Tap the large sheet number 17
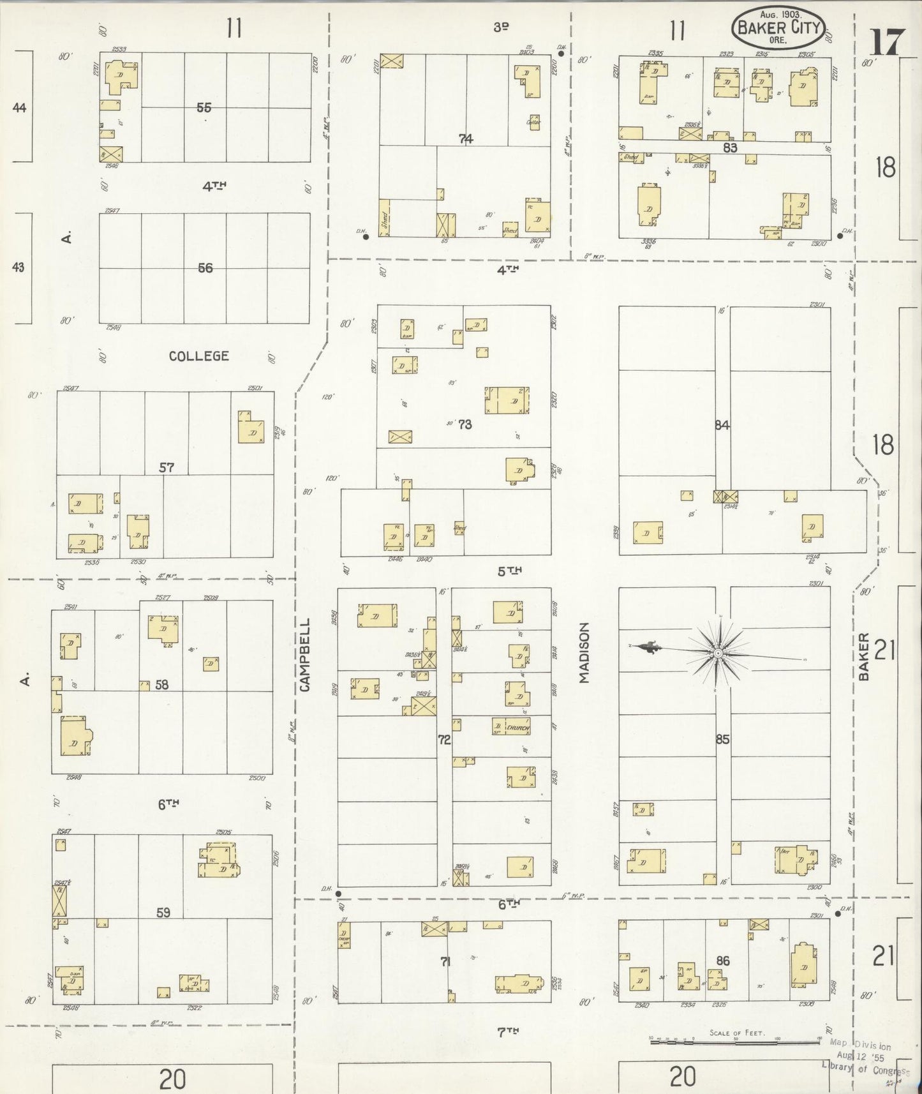click(x=887, y=43)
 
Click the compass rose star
click(x=718, y=654)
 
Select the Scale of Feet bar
click(x=735, y=1041)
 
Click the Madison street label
click(x=584, y=653)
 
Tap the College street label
click(x=198, y=356)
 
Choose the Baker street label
click(x=864, y=656)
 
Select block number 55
click(x=204, y=108)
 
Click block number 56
click(x=205, y=268)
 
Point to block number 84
click(x=722, y=425)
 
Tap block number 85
click(x=722, y=740)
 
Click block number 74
click(x=466, y=139)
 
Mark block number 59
click(x=163, y=913)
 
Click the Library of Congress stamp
click(x=865, y=1058)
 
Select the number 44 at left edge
click(x=19, y=108)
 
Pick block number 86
click(x=722, y=961)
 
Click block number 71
click(x=445, y=961)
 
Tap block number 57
click(x=167, y=468)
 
